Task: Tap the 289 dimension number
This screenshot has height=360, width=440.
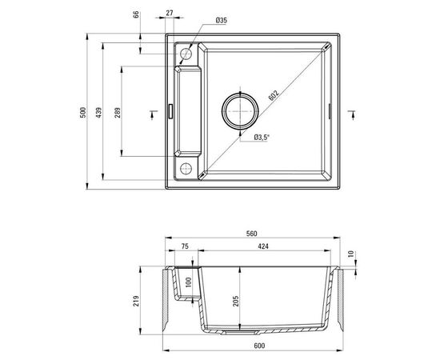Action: [118, 112]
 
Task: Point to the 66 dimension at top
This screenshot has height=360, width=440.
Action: [136, 14]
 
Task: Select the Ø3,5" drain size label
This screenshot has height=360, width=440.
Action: [262, 137]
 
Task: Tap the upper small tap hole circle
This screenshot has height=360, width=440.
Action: [186, 53]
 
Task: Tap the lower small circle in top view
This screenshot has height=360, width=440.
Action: [186, 168]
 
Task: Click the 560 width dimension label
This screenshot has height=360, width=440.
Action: [250, 234]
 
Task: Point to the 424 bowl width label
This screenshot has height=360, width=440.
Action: [263, 248]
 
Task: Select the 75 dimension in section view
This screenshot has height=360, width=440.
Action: [185, 248]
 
